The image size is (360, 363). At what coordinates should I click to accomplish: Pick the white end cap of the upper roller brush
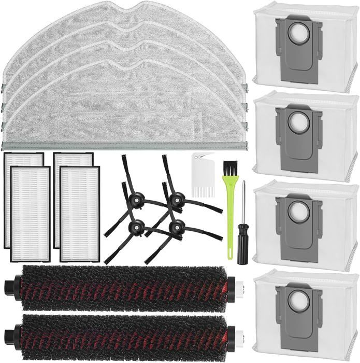(236, 285)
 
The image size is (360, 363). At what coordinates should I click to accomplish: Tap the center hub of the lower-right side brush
(178, 225)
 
